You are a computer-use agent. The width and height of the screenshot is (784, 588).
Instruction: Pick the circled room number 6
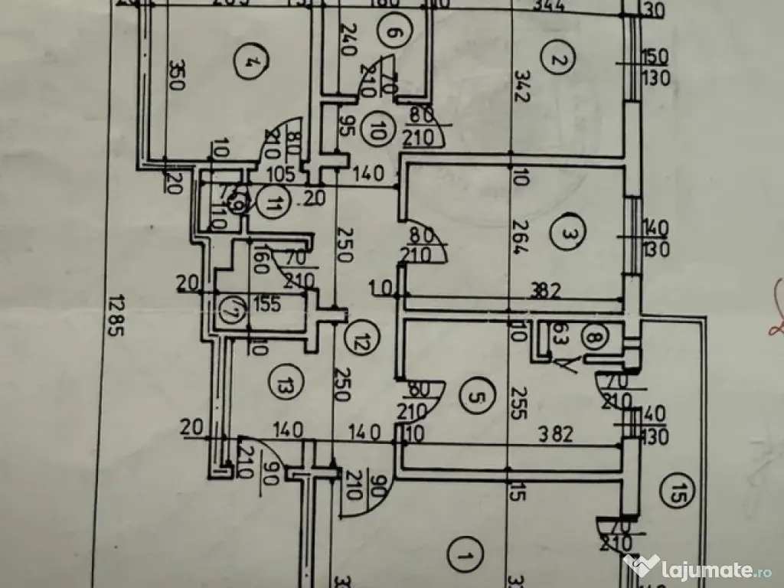click(x=391, y=34)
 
